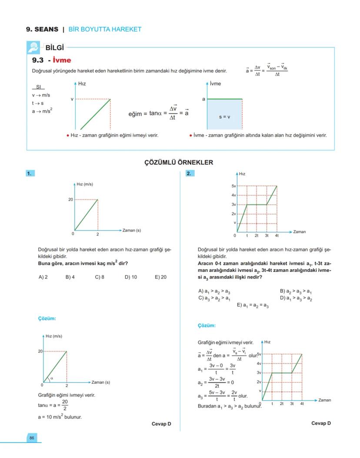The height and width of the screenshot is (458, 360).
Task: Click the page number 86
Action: point(32,438)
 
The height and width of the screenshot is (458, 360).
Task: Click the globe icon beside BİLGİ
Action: point(33,47)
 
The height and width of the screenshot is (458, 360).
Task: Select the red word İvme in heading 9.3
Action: point(61,60)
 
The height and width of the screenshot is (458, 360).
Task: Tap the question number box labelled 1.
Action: point(30,173)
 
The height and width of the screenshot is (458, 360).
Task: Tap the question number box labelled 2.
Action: point(190,173)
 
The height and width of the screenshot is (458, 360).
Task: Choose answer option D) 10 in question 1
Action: point(131,277)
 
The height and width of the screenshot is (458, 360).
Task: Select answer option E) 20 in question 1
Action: point(160,277)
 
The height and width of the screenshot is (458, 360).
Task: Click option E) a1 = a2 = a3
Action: point(253,305)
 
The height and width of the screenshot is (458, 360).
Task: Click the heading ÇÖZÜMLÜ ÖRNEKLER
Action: point(179,162)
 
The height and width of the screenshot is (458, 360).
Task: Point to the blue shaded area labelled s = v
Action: point(224,116)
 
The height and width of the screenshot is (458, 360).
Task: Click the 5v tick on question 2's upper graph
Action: point(233,186)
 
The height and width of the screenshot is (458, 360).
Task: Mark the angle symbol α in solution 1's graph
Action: point(51,378)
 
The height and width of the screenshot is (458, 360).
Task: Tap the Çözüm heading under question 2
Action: point(207,325)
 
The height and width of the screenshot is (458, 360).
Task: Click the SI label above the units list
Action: point(38,87)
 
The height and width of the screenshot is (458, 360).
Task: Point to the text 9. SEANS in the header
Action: point(42,29)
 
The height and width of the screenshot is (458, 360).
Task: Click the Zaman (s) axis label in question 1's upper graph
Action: point(132,230)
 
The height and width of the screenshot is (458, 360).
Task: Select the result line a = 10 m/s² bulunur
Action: point(60,417)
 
